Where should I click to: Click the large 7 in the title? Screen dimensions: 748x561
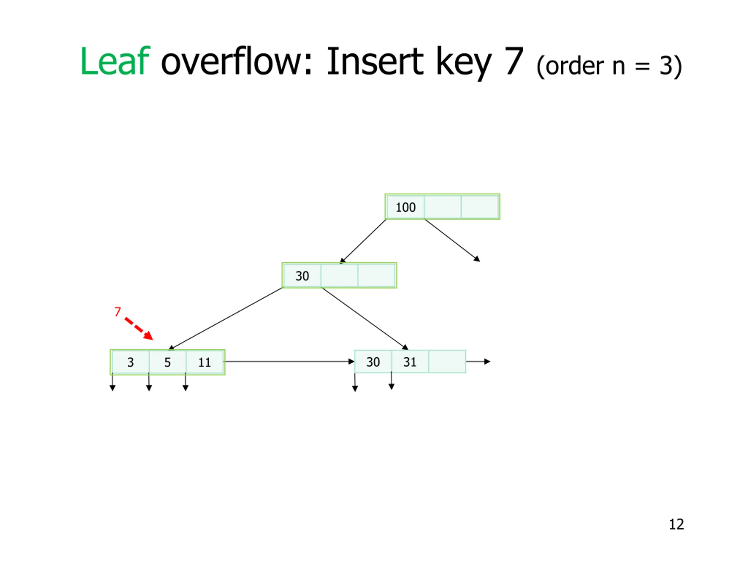coord(514,62)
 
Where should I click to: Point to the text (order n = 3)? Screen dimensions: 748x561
coord(609,66)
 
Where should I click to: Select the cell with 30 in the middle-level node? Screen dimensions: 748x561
coord(302,276)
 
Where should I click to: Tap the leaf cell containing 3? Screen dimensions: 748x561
coord(131,362)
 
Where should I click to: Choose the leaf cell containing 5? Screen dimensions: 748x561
coord(167,362)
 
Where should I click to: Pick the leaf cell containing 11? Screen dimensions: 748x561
coord(205,362)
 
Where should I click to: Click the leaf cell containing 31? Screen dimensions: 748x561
coord(410,362)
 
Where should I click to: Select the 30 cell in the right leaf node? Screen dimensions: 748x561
coord(373,362)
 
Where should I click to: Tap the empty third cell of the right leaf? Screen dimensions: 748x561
coord(447,362)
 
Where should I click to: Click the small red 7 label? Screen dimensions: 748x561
coord(117,311)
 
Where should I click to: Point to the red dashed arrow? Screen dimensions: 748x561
coord(139,328)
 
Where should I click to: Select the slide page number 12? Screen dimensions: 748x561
coord(676,524)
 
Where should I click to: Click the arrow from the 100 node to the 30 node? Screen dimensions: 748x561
coord(363,241)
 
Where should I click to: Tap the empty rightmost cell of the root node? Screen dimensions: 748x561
coord(479,207)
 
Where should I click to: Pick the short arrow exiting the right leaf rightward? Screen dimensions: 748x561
coord(478,361)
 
